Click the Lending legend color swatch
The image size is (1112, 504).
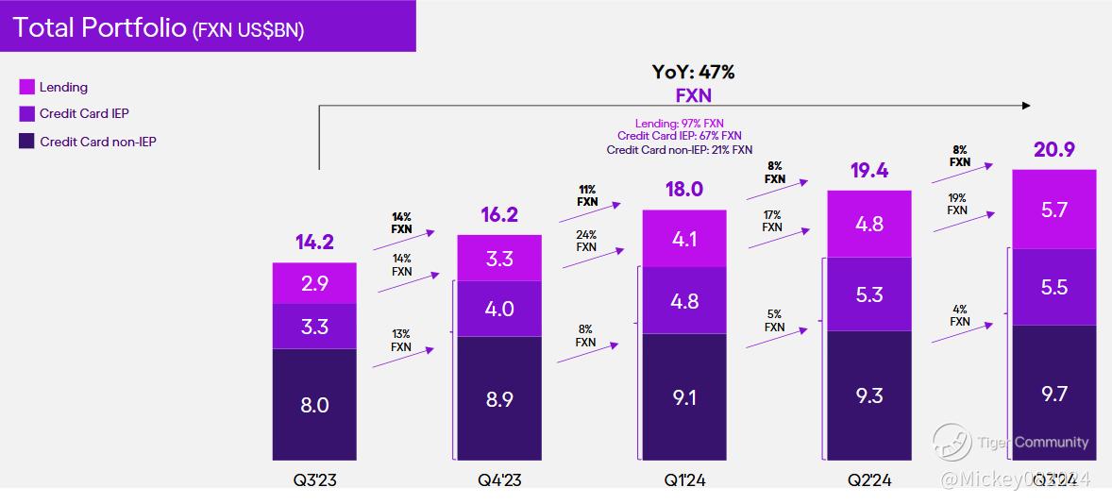point(27,87)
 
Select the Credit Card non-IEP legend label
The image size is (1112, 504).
point(97,142)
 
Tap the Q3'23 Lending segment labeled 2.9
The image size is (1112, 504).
point(314,283)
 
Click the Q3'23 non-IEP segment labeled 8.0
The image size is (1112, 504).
point(314,405)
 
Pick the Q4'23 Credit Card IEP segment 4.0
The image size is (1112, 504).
point(499,309)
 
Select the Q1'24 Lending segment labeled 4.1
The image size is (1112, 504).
point(684,239)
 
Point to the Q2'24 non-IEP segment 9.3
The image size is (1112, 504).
point(868,395)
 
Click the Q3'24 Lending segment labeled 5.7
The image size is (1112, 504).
point(1053,210)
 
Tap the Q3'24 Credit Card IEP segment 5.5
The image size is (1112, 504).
point(1053,287)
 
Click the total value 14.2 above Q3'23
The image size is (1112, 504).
point(314,242)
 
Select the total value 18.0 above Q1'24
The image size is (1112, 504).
point(684,189)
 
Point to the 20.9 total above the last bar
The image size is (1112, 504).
point(1053,149)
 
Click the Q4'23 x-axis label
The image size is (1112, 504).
point(499,480)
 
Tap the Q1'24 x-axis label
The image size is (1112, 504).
point(684,480)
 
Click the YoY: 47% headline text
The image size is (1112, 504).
point(693,72)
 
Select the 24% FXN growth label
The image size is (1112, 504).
point(586,241)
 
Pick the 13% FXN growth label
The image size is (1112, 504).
point(401,340)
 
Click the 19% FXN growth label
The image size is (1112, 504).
point(957,204)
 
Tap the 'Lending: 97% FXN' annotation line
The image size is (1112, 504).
point(680,124)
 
